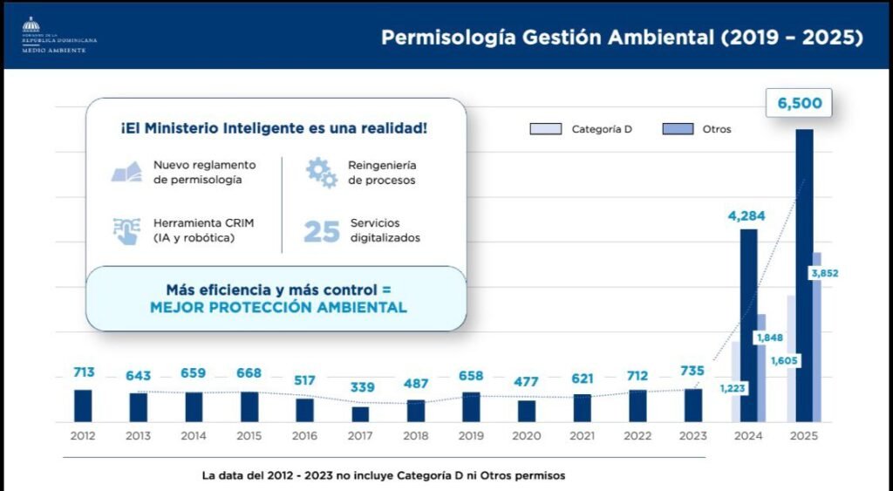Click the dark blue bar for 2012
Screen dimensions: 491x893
point(83,406)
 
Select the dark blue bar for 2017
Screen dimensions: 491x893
point(360,414)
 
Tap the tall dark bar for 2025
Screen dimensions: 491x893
point(804,276)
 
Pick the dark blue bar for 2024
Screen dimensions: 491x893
point(748,325)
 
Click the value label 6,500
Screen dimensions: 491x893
point(799,103)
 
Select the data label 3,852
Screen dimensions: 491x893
point(824,274)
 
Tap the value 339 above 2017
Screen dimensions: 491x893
point(360,387)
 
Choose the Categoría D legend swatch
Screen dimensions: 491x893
point(546,129)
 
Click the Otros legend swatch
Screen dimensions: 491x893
point(677,129)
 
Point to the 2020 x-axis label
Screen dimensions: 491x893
point(526,435)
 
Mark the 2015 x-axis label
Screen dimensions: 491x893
point(249,435)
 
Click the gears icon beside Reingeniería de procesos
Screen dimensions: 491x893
point(321,173)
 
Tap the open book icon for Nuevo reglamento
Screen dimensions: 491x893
point(126,173)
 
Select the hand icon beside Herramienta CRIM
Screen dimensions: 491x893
point(126,231)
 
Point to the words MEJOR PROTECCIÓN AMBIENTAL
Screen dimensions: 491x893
point(278,308)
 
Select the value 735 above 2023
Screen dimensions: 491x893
point(693,370)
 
